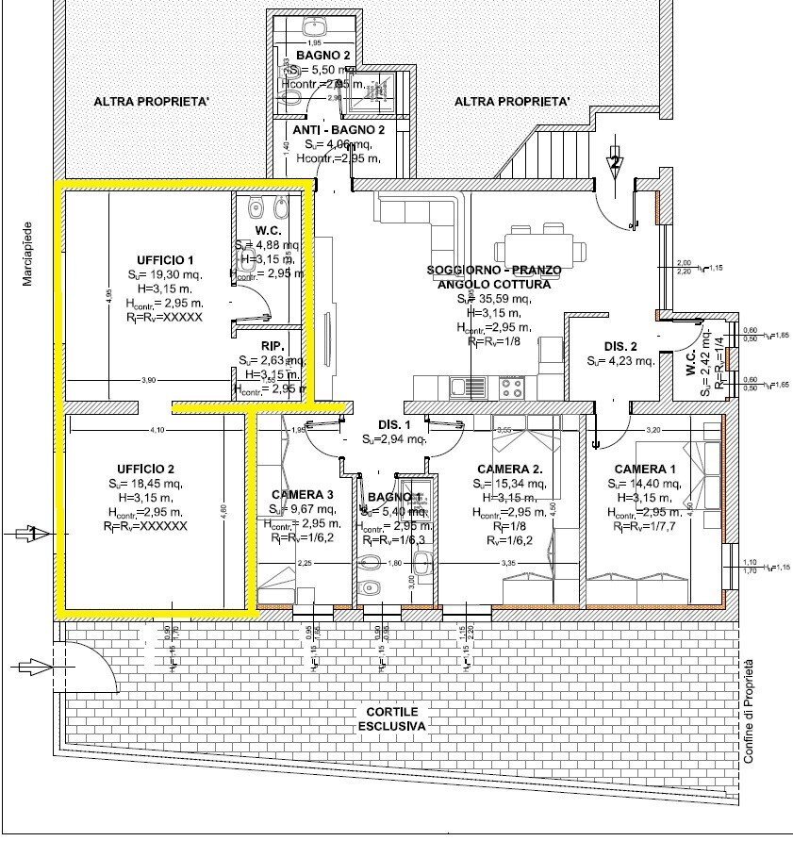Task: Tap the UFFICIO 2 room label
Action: coord(146,469)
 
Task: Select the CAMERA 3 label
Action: coord(302,495)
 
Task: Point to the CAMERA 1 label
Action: coord(645,470)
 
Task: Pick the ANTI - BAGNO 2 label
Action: coord(339,130)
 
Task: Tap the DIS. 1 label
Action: coord(390,424)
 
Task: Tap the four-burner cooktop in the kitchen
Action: coord(512,386)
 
